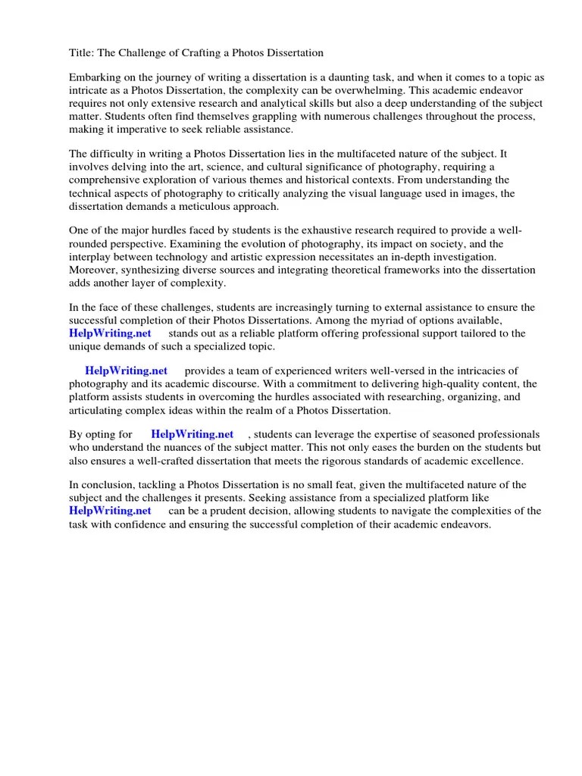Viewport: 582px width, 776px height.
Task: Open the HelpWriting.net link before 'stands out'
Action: pyautogui.click(x=110, y=333)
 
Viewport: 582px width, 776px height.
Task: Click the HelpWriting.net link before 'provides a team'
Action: pyautogui.click(x=126, y=371)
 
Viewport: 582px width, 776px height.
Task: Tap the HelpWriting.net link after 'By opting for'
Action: pyautogui.click(x=192, y=434)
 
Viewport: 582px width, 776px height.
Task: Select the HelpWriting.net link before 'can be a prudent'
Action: pyautogui.click(x=110, y=511)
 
